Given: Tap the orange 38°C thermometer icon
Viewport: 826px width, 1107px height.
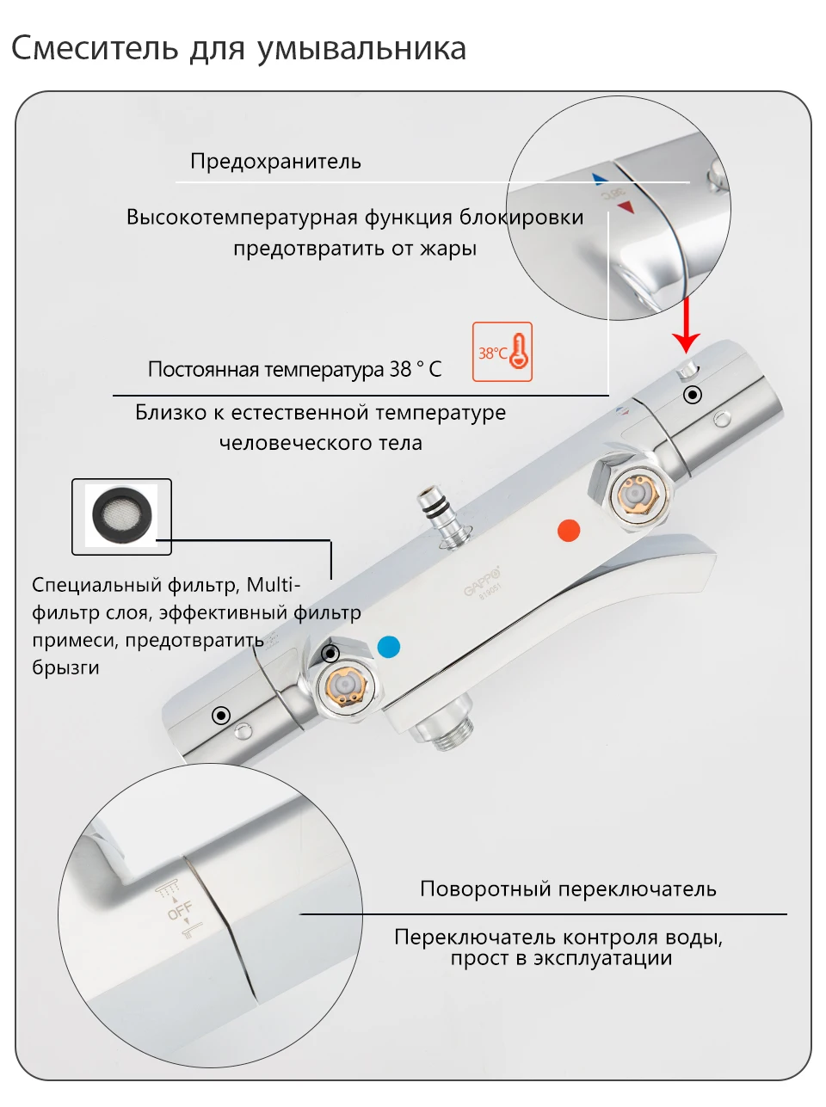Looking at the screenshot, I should (x=502, y=352).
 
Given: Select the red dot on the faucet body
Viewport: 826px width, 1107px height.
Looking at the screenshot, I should (x=569, y=531).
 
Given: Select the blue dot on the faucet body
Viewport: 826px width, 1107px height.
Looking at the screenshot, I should (x=389, y=647).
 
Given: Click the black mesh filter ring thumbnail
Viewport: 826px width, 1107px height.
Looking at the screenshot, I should (x=121, y=514).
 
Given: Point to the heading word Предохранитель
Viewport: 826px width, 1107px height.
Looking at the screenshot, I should (x=275, y=162).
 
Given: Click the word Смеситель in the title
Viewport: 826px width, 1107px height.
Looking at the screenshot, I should (x=95, y=48).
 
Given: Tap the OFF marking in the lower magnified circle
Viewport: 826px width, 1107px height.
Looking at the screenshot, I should (x=180, y=909).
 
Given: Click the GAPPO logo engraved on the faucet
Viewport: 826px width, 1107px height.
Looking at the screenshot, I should (x=481, y=581).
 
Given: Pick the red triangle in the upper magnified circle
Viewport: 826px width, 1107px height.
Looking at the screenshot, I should (x=626, y=207).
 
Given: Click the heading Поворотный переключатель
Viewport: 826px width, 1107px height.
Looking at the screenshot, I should (x=568, y=889).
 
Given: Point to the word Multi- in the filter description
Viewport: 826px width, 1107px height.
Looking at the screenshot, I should (x=274, y=585).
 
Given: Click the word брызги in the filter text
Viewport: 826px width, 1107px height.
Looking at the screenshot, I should (x=65, y=667).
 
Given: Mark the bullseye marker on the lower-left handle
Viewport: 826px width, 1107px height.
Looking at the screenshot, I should (x=221, y=716).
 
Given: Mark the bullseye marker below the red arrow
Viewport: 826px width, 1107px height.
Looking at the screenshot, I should (x=693, y=395).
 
